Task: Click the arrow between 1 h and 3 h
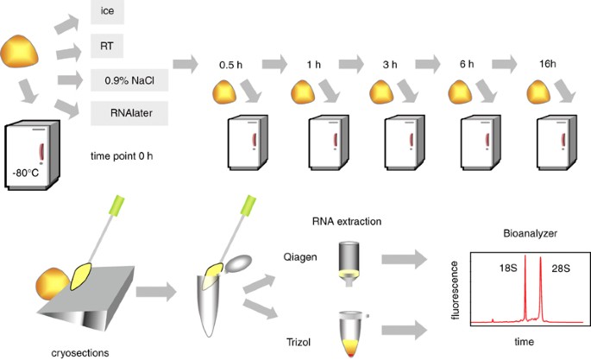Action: point(350,64)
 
